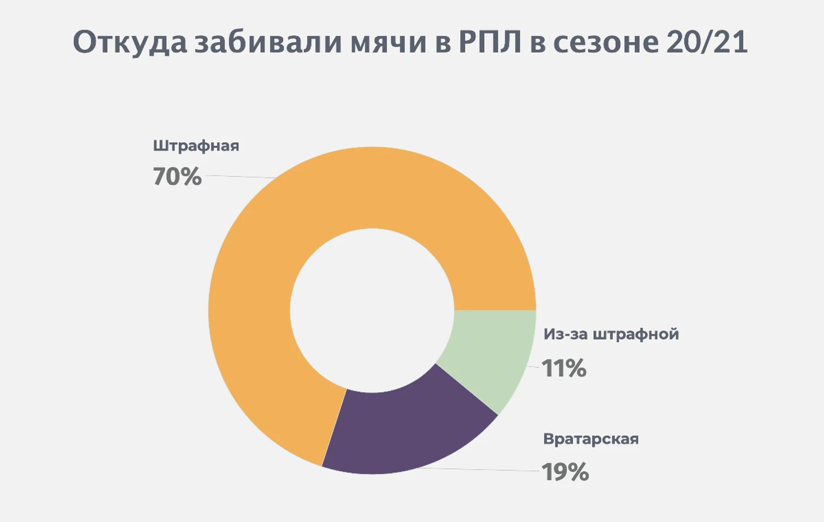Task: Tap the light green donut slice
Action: (491, 356)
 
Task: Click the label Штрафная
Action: (196, 146)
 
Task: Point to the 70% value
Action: (177, 177)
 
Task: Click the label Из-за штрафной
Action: (611, 334)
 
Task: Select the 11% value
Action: (564, 369)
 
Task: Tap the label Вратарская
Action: (590, 439)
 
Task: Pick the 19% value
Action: (565, 472)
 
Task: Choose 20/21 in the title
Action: (707, 43)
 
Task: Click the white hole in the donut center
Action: (372, 310)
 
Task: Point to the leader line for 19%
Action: (480, 470)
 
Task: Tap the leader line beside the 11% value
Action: (533, 367)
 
